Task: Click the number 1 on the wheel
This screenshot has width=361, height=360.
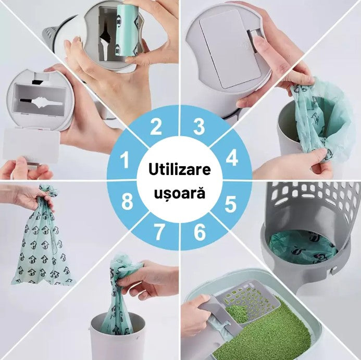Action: tap(125, 159)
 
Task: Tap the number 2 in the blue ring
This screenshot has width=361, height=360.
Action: tap(156, 126)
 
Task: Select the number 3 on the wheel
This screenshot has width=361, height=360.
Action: tap(199, 127)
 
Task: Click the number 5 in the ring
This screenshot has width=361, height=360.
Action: tap(230, 204)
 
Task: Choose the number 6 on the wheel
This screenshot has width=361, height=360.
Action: tap(200, 232)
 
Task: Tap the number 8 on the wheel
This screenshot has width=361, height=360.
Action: tap(127, 201)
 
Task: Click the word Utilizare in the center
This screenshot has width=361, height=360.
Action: tap(180, 169)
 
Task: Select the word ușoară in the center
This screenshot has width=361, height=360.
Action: tap(179, 193)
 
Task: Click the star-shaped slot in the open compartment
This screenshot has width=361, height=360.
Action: tap(41, 102)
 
